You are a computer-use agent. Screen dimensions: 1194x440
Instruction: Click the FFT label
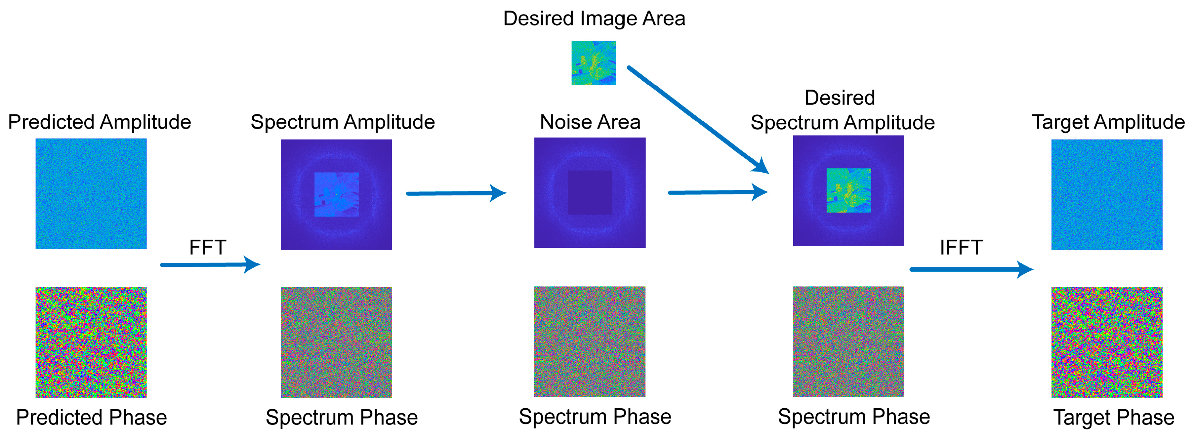(208, 247)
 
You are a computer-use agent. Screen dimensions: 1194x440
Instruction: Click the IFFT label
(961, 247)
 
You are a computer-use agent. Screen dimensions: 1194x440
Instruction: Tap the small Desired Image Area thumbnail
(594, 63)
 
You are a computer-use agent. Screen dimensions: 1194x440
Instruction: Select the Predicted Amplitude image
(91, 194)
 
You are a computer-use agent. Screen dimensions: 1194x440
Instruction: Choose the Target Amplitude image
(1107, 194)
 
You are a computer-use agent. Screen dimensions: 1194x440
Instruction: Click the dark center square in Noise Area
(590, 192)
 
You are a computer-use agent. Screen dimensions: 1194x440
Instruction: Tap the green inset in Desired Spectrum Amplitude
(849, 190)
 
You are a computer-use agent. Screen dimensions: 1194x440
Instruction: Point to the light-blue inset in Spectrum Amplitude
(337, 194)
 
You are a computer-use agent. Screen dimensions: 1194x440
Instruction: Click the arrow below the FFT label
(210, 265)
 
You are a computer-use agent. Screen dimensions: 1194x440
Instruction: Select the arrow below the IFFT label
(971, 269)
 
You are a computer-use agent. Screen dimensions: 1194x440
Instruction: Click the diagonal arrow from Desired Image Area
(698, 120)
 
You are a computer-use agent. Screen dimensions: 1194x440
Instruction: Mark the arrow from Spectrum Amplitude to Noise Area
(456, 193)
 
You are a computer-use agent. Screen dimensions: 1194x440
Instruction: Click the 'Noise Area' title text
(590, 122)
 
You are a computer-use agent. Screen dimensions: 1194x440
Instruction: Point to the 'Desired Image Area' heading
(594, 19)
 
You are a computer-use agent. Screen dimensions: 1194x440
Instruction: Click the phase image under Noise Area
(590, 341)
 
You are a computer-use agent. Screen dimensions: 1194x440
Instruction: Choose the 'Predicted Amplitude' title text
(100, 123)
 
